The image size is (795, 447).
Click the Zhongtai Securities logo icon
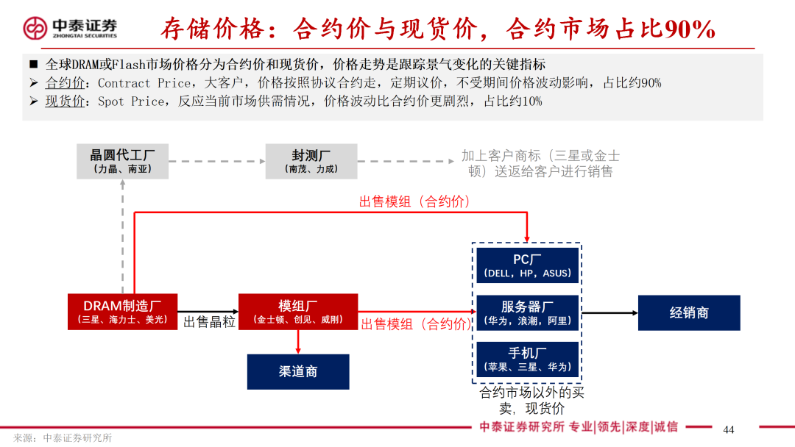[x=35, y=28]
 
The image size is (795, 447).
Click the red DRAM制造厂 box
[x=122, y=312]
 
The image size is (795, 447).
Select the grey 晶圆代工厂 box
[x=122, y=161]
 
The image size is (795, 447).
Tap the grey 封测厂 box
[x=311, y=161]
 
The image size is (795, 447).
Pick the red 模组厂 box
[x=298, y=312]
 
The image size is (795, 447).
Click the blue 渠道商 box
[x=298, y=371]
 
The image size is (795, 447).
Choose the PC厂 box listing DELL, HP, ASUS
[x=527, y=265]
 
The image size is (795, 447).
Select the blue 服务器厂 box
[x=527, y=313]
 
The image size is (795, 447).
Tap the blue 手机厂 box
[x=527, y=360]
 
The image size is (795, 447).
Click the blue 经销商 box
[x=688, y=312]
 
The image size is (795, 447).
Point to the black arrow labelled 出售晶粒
[x=208, y=312]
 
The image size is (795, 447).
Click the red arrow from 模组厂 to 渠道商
[x=298, y=342]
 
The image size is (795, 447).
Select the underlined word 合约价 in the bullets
[x=66, y=83]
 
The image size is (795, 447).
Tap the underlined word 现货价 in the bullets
[x=66, y=101]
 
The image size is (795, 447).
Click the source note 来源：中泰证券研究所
[x=63, y=437]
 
